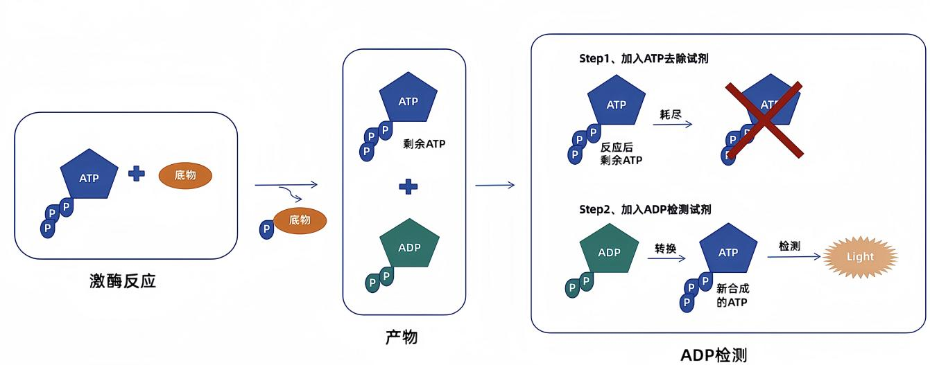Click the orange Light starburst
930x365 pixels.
860,257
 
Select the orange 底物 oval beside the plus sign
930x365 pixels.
185,175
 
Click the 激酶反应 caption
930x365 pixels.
123,281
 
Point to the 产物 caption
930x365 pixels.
402,337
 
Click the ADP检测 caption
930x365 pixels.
714,355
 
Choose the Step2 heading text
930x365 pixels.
645,208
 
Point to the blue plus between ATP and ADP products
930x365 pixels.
408,186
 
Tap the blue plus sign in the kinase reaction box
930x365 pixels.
137,173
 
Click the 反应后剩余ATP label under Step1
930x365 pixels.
621,153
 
